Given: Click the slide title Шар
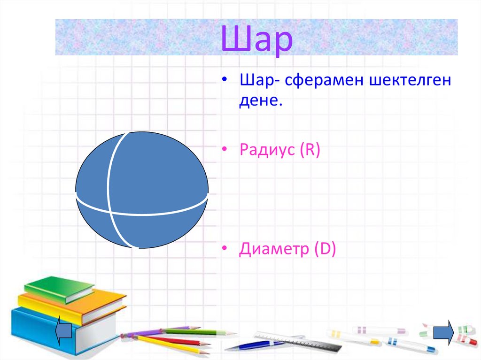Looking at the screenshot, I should pyautogui.click(x=256, y=39).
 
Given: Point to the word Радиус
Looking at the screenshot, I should pyautogui.click(x=266, y=150).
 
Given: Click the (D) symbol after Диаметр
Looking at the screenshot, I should pyautogui.click(x=325, y=249).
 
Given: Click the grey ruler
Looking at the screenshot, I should pyautogui.click(x=301, y=341).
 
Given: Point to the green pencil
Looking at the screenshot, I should pyautogui.click(x=197, y=332).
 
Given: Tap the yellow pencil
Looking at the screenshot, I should pyautogui.click(x=174, y=345).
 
